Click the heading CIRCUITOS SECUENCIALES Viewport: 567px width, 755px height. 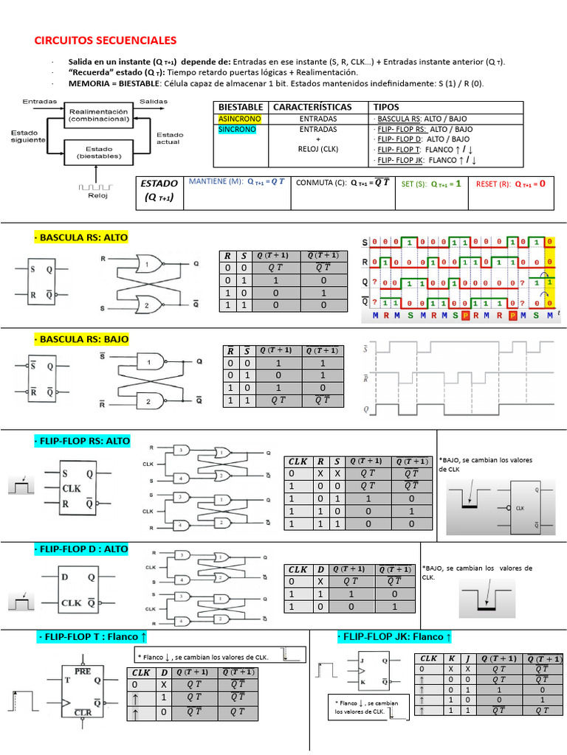tap(106, 40)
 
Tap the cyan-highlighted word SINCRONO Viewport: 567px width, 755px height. tap(235, 129)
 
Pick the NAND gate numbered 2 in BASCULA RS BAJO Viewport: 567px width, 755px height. tap(153, 402)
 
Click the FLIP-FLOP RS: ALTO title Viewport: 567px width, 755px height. tap(82, 441)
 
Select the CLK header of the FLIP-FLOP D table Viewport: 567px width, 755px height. tap(298, 569)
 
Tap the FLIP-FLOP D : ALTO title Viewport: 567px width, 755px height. tap(81, 549)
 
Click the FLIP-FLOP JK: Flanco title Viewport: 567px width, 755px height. tap(394, 636)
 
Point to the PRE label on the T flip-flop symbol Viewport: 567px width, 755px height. tap(92, 672)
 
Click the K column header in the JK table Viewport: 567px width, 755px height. tap(450, 658)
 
